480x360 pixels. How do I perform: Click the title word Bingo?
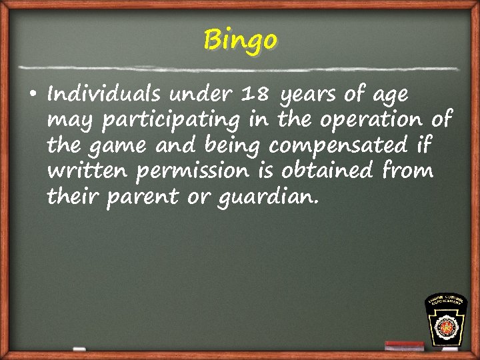[240, 40]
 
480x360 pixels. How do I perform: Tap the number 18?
[255, 95]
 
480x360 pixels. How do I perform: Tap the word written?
[88, 171]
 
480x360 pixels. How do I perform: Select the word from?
[407, 171]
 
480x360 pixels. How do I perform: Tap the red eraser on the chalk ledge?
[404, 345]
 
